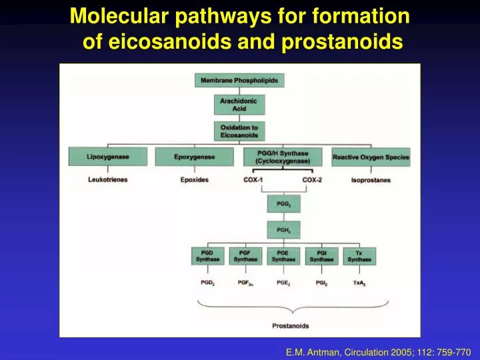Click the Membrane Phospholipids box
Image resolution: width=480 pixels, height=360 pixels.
point(239,81)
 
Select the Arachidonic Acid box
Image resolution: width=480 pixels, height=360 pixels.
point(239,105)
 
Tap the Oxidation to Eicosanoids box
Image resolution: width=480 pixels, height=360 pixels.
point(239,131)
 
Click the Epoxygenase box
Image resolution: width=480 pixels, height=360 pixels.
point(195,157)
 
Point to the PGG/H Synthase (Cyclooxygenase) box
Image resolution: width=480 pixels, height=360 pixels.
point(286,157)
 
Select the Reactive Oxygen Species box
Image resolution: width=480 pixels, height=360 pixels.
point(371,157)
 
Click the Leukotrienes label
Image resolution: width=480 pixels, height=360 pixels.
point(108,180)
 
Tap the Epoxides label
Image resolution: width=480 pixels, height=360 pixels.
point(195,180)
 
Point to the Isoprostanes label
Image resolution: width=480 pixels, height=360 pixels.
point(371,180)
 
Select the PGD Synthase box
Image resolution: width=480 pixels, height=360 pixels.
point(207,256)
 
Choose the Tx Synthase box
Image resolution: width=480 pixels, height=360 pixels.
point(359,256)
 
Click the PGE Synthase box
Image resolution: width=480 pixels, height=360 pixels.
point(283,256)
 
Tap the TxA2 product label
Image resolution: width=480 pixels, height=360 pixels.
point(359,283)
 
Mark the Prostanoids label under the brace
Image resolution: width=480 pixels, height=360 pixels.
point(290,325)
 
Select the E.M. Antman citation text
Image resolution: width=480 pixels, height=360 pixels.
point(378,351)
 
